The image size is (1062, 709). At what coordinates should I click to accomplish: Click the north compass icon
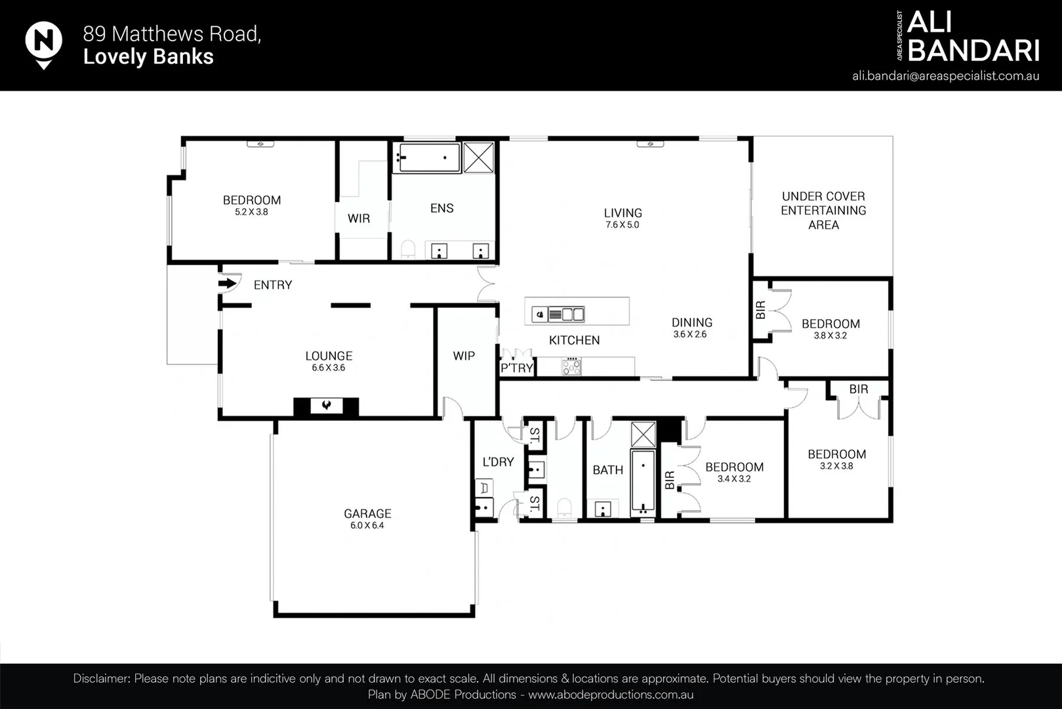pyautogui.click(x=43, y=43)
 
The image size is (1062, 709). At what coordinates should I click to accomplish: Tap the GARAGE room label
pyautogui.click(x=367, y=513)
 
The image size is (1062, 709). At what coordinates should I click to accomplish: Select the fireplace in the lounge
pyautogui.click(x=326, y=406)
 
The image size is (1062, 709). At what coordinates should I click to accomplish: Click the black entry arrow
pyautogui.click(x=227, y=284)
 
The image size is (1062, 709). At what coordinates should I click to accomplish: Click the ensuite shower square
pyautogui.click(x=479, y=157)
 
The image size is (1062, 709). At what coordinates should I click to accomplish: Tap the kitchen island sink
pyautogui.click(x=540, y=314)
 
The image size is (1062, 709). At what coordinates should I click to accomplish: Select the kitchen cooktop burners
pyautogui.click(x=571, y=366)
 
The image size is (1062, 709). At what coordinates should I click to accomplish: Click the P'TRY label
pyautogui.click(x=516, y=368)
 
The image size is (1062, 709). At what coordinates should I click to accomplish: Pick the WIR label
pyautogui.click(x=359, y=219)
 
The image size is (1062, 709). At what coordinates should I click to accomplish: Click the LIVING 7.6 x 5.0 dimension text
pyautogui.click(x=622, y=225)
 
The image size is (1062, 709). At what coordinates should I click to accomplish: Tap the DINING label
pyautogui.click(x=691, y=322)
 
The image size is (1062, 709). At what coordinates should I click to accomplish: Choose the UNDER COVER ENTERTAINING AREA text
pyautogui.click(x=823, y=210)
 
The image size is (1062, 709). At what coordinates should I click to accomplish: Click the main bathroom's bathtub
pyautogui.click(x=643, y=481)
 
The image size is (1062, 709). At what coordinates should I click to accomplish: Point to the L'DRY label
pyautogui.click(x=498, y=462)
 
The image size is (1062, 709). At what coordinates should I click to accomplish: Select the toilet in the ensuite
pyautogui.click(x=408, y=249)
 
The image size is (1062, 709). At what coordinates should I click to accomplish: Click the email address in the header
pyautogui.click(x=945, y=75)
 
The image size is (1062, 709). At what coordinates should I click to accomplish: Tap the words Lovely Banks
pyautogui.click(x=148, y=56)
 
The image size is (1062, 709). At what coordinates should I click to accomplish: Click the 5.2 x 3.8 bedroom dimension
pyautogui.click(x=251, y=212)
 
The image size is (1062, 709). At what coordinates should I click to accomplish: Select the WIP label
pyautogui.click(x=464, y=356)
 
